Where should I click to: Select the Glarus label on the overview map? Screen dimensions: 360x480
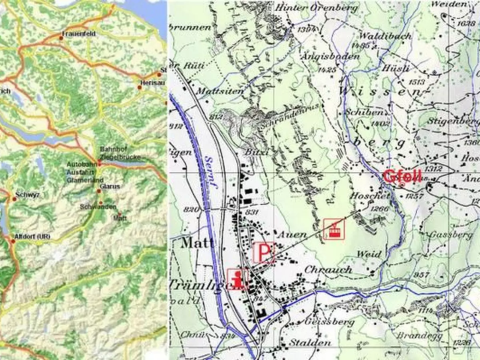tap(110, 186)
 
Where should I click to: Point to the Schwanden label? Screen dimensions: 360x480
tap(98, 207)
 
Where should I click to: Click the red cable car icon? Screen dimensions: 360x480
tap(334, 229)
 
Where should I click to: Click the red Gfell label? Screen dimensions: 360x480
tap(402, 176)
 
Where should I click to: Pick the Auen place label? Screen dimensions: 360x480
tap(293, 234)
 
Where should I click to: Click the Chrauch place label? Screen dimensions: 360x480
tap(328, 270)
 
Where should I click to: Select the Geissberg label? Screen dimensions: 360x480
tap(329, 321)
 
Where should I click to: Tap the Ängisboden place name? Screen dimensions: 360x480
tap(336, 56)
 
